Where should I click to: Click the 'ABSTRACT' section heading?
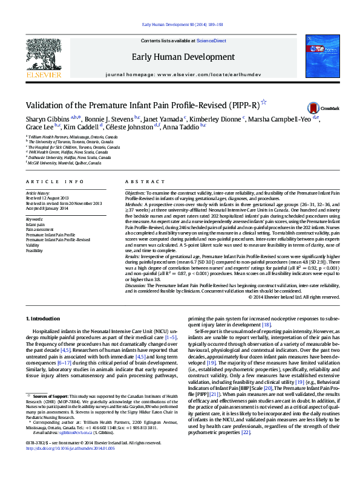click(x=140, y=181)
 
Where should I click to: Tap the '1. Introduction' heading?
click(x=44, y=318)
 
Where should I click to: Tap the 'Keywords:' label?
click(x=34, y=219)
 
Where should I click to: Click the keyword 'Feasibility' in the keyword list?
click(x=34, y=250)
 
